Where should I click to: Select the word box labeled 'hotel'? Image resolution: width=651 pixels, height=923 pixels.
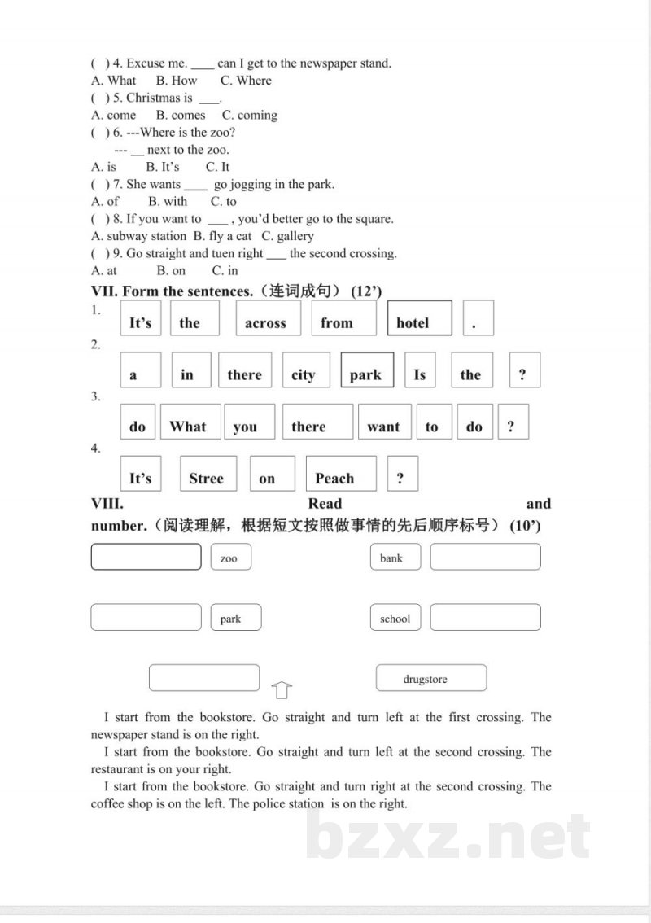click(x=419, y=318)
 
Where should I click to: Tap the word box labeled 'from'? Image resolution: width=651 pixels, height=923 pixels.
click(x=343, y=318)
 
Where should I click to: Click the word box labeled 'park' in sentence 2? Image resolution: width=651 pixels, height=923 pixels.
click(x=367, y=370)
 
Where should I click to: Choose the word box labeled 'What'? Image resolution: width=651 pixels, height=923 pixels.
click(x=188, y=422)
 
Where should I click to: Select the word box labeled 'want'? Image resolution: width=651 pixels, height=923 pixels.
click(x=383, y=422)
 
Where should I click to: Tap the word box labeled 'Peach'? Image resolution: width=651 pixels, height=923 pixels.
click(x=340, y=474)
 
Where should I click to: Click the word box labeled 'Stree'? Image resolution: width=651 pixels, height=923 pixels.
click(x=208, y=474)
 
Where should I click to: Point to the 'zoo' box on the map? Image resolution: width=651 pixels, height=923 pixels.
click(x=230, y=558)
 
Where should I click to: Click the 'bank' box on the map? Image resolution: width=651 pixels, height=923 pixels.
click(x=395, y=558)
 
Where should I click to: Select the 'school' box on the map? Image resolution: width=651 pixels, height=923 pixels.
click(x=395, y=618)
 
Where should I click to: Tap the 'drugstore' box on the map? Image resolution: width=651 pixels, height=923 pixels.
click(x=430, y=678)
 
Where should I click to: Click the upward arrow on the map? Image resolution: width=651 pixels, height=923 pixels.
click(x=282, y=690)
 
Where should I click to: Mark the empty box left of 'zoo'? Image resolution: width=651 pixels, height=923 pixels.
click(x=146, y=557)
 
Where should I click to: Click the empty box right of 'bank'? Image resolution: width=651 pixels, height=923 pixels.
click(x=485, y=557)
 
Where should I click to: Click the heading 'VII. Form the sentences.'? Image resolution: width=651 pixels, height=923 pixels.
click(x=174, y=291)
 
